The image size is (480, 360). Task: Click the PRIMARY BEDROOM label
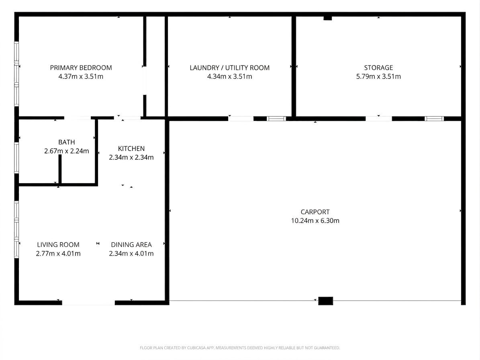[x=81, y=67]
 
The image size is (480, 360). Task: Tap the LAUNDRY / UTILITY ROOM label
[x=230, y=67]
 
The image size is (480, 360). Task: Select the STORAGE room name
[x=378, y=67]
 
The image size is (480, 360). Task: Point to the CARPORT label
[x=315, y=212]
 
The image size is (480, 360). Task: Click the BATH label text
[x=66, y=142]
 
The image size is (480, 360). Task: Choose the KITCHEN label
[x=131, y=149]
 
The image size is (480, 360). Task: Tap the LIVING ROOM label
[x=58, y=245]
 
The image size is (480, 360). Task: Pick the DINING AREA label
[x=131, y=245]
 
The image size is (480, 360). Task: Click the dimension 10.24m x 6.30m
[x=315, y=221]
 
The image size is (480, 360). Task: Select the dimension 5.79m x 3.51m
[x=378, y=76]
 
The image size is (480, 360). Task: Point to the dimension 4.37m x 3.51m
[x=81, y=76]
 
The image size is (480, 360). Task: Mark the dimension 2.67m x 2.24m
[x=66, y=151]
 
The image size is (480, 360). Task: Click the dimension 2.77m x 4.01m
[x=58, y=254]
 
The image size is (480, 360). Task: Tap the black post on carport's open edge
[x=325, y=301]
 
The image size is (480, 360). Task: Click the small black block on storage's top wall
[x=327, y=18]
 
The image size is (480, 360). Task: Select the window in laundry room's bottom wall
[x=276, y=119]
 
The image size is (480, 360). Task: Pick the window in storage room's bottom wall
[x=434, y=119]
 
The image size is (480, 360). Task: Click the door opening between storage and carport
[x=379, y=119]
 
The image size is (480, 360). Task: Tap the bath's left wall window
[x=16, y=157]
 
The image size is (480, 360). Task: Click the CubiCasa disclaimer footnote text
[x=240, y=348]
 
